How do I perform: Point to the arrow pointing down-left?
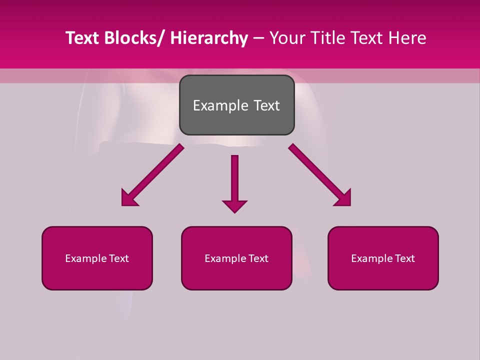152,175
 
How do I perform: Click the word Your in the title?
287,38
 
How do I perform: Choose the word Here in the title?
407,38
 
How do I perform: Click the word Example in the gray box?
220,105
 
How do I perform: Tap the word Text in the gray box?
267,105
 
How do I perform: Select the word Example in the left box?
85,258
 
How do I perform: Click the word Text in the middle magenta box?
257,258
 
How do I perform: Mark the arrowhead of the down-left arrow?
129,198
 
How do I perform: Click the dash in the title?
258,38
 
